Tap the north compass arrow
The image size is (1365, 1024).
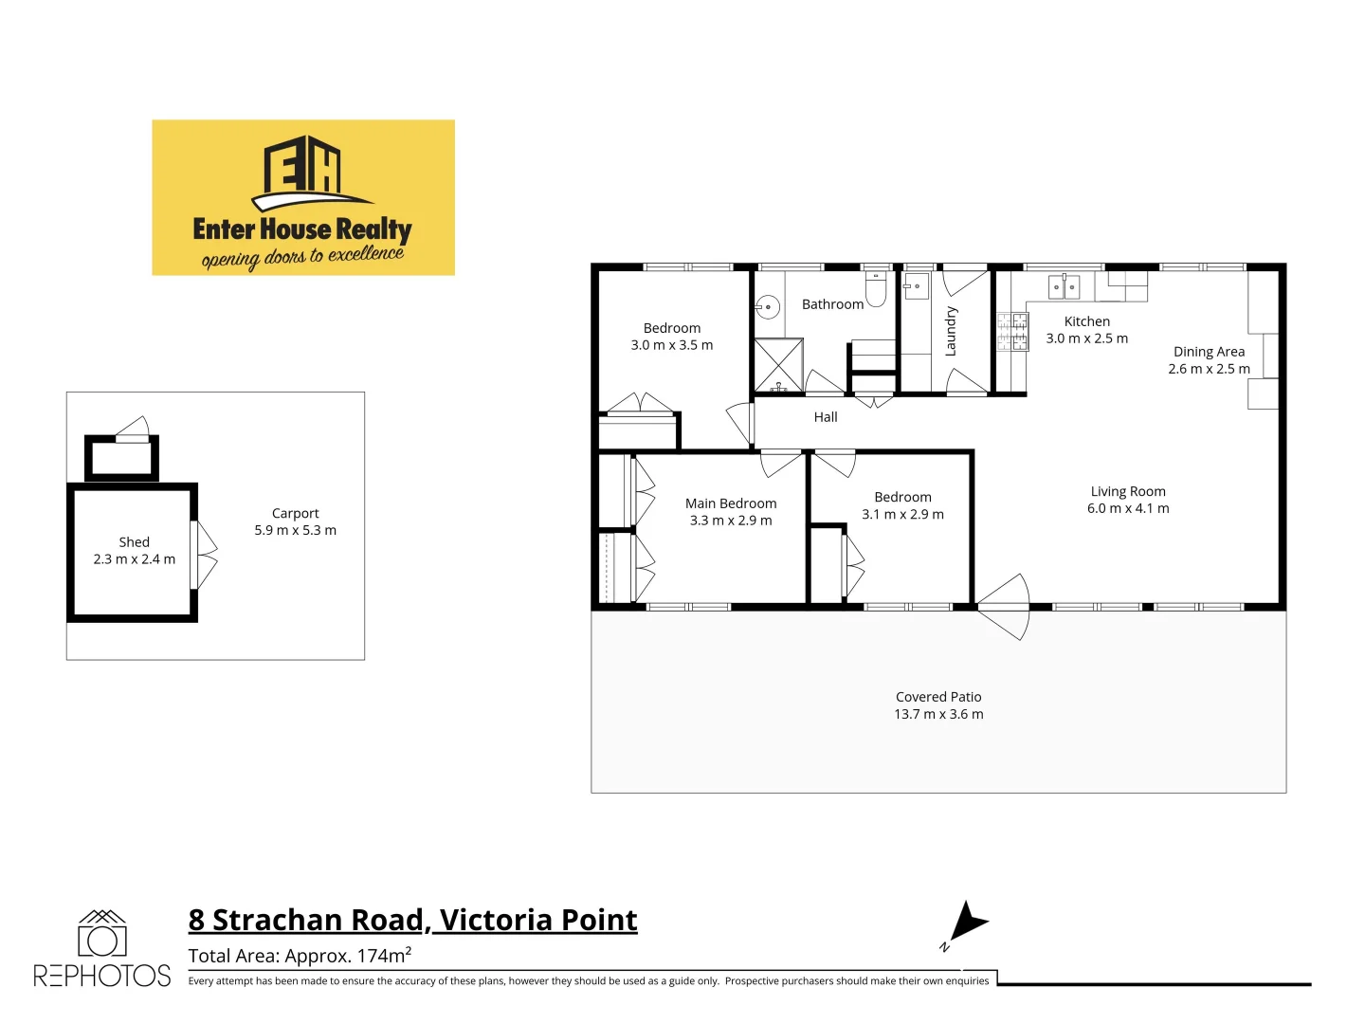pyautogui.click(x=969, y=923)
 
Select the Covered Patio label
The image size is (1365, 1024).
pyautogui.click(x=938, y=697)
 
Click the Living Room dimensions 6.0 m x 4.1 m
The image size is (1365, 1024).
pyautogui.click(x=1128, y=508)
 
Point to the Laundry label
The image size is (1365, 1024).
pyautogui.click(x=951, y=331)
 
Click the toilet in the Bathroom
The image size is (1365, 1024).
pyautogui.click(x=876, y=288)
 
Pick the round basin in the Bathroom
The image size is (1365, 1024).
pyautogui.click(x=769, y=307)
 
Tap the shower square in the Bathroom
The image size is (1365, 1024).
pyautogui.click(x=778, y=364)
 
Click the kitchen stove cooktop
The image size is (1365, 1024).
pyautogui.click(x=1012, y=332)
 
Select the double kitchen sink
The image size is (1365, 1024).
pyautogui.click(x=1064, y=286)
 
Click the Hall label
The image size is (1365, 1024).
pyautogui.click(x=826, y=417)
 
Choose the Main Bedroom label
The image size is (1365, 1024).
pyautogui.click(x=731, y=503)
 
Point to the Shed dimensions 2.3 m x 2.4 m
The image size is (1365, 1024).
pyautogui.click(x=135, y=559)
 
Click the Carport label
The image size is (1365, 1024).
pyautogui.click(x=296, y=513)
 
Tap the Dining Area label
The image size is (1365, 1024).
pyautogui.click(x=1209, y=352)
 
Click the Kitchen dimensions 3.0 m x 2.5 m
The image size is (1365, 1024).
pyautogui.click(x=1087, y=338)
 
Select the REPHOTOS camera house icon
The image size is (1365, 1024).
pyautogui.click(x=101, y=934)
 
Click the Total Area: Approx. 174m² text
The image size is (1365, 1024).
pyautogui.click(x=300, y=956)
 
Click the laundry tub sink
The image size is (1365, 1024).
pyautogui.click(x=916, y=285)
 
